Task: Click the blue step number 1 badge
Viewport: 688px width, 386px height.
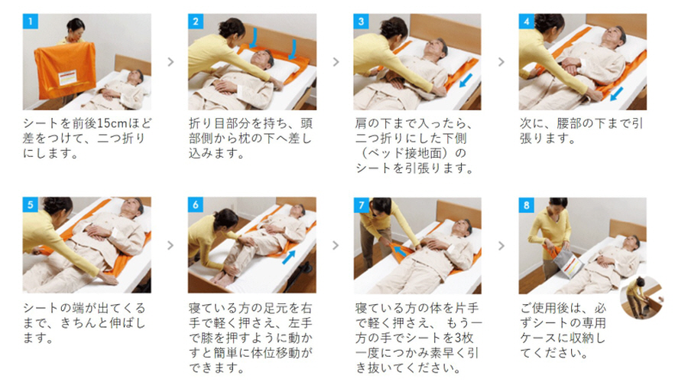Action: (x=31, y=21)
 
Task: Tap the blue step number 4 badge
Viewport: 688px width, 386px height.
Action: (x=527, y=21)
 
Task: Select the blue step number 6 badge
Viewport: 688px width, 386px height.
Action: (x=196, y=204)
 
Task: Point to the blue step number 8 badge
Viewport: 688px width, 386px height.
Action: (x=527, y=204)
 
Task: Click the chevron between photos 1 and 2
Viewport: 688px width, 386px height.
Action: (x=170, y=62)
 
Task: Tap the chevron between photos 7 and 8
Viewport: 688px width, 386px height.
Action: (x=501, y=245)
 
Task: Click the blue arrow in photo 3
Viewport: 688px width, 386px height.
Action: (x=466, y=80)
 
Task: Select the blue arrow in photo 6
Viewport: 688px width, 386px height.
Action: (x=289, y=257)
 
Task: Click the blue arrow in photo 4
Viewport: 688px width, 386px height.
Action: (x=616, y=93)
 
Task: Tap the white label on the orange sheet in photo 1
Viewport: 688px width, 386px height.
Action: (x=68, y=77)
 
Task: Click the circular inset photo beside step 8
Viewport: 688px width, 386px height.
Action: (x=641, y=298)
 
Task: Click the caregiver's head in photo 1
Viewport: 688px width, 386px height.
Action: (x=76, y=28)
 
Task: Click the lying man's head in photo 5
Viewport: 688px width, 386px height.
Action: (x=132, y=206)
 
